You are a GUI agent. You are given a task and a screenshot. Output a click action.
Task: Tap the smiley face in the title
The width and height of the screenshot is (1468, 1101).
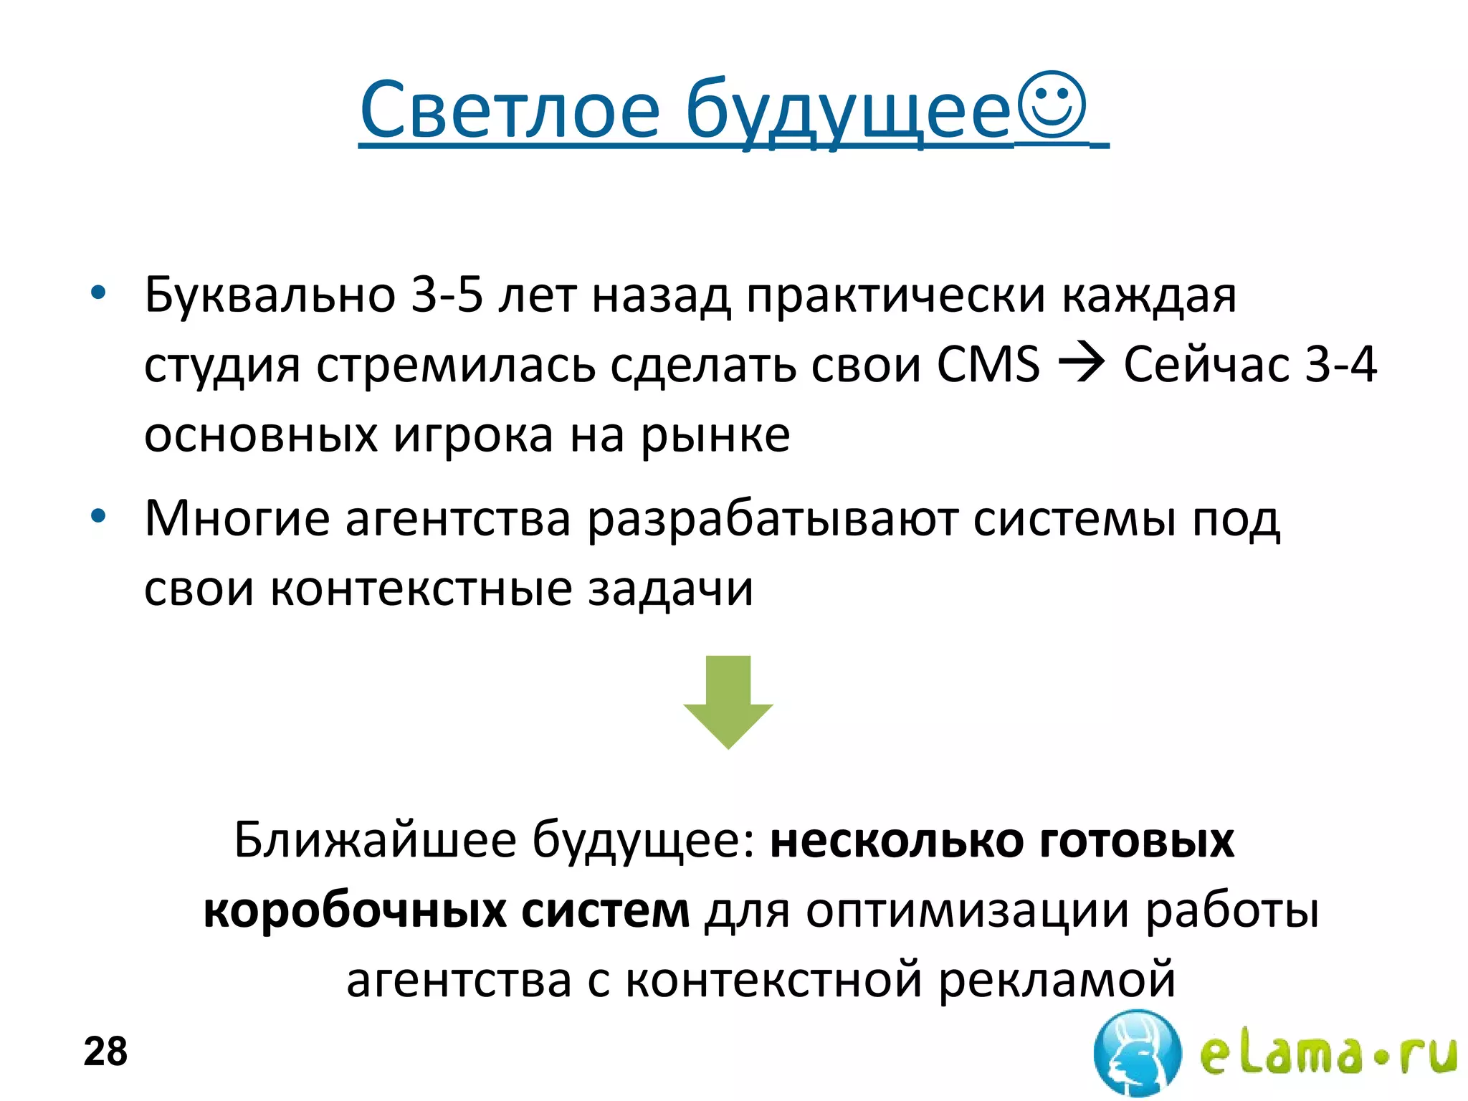1052,105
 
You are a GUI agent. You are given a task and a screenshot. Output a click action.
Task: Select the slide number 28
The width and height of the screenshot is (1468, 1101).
105,1052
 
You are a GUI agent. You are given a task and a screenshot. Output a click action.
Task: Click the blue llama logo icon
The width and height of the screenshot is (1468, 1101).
1137,1053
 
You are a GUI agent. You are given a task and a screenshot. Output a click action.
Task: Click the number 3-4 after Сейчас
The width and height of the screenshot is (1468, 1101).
1341,365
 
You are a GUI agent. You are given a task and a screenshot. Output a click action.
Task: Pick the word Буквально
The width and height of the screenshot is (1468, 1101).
270,295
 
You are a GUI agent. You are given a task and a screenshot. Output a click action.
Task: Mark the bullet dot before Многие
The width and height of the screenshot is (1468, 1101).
98,516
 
